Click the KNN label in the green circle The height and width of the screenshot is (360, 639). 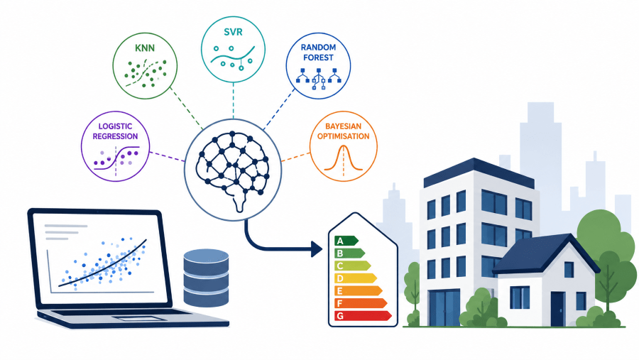pos(145,48)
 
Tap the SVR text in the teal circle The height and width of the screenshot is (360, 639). pos(233,32)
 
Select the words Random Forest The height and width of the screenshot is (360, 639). pos(318,52)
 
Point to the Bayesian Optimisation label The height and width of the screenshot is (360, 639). pos(343,131)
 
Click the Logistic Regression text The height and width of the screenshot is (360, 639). pos(115,131)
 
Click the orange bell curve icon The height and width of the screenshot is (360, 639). pos(343,158)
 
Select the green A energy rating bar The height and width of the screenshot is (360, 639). pos(346,241)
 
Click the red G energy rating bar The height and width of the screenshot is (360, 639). pos(363,315)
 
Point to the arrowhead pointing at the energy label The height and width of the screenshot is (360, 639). pos(317,249)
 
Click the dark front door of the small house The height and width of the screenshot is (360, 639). pos(557,309)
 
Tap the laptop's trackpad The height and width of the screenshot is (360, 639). pos(133,318)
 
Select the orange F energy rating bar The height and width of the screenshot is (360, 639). pos(361,303)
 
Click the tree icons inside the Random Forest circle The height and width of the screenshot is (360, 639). pos(318,77)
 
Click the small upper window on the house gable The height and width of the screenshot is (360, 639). pos(569,270)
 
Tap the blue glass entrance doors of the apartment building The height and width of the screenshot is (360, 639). pos(445,308)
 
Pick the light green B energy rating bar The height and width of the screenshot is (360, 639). pos(349,253)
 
